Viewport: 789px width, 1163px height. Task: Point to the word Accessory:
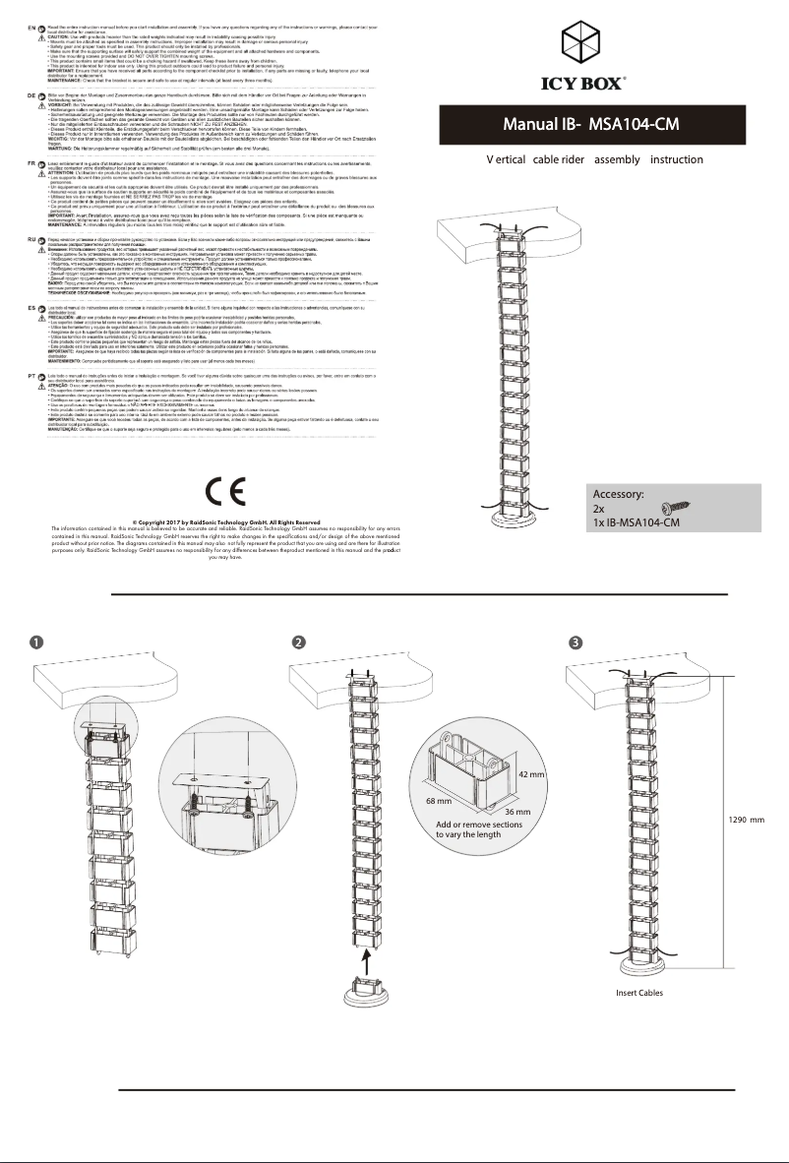(x=618, y=495)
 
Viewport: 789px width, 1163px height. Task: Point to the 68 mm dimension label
(x=438, y=803)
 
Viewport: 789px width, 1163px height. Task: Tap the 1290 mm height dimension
(x=747, y=819)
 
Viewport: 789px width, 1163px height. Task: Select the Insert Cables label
(x=639, y=994)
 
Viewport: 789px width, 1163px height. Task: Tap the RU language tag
(x=32, y=239)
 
